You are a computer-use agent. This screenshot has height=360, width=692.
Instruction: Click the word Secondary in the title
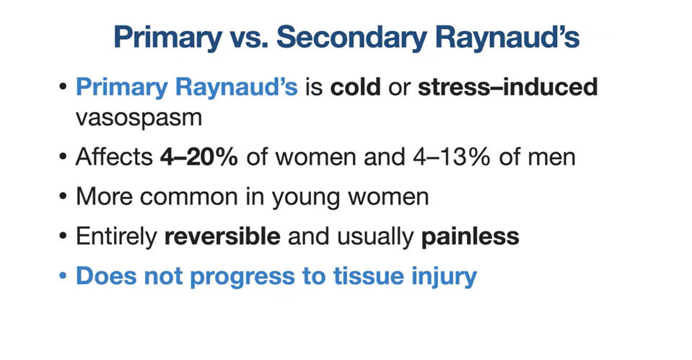pyautogui.click(x=351, y=37)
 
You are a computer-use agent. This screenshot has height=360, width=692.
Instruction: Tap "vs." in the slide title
pyautogui.click(x=249, y=38)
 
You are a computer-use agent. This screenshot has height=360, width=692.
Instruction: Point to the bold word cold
pyautogui.click(x=355, y=87)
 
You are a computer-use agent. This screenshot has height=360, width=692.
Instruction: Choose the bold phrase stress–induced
pyautogui.click(x=507, y=87)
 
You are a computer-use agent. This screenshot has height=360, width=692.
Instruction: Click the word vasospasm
pyautogui.click(x=139, y=118)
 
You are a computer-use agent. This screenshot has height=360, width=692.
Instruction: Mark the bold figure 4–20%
pyautogui.click(x=198, y=157)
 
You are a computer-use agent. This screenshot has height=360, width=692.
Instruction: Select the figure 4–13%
pyautogui.click(x=452, y=157)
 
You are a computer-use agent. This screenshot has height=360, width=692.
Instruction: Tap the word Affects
pyautogui.click(x=114, y=157)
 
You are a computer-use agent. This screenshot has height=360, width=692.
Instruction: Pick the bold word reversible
pyautogui.click(x=222, y=236)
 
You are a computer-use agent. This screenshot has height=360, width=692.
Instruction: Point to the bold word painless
pyautogui.click(x=470, y=236)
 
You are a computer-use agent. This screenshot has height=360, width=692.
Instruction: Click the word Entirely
pyautogui.click(x=116, y=237)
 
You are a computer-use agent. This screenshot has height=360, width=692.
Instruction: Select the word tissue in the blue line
pyautogui.click(x=369, y=276)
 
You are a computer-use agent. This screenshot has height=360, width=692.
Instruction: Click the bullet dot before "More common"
pyautogui.click(x=63, y=197)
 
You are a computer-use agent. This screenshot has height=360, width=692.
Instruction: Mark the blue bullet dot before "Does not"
pyautogui.click(x=63, y=276)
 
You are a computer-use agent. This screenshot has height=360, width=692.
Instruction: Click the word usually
pyautogui.click(x=375, y=237)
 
